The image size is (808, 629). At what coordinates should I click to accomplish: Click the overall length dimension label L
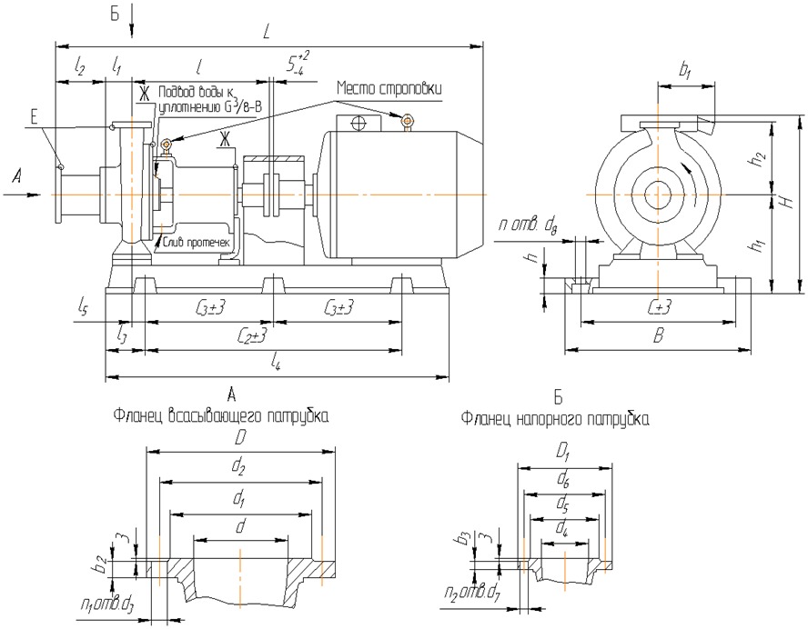[x=266, y=32]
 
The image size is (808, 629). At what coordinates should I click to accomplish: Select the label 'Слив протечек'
[x=195, y=242]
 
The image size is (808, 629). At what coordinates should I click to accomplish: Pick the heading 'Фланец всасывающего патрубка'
[x=221, y=416]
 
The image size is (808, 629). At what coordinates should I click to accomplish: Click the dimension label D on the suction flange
[x=241, y=438]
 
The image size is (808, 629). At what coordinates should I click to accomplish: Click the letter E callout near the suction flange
[x=34, y=116]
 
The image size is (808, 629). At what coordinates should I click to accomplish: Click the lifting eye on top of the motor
[x=408, y=119]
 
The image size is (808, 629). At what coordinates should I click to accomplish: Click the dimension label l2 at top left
[x=80, y=67]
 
